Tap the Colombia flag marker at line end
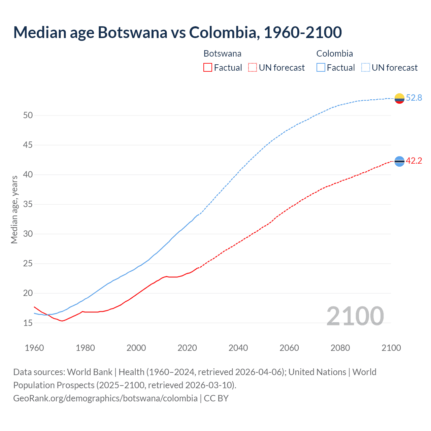click(x=399, y=98)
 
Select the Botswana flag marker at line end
click(x=399, y=162)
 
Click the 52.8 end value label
click(x=414, y=98)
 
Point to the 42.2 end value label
click(x=414, y=161)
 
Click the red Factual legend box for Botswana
click(x=208, y=68)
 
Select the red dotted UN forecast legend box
click(x=253, y=68)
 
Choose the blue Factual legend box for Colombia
click(x=321, y=68)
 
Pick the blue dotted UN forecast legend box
click(x=366, y=68)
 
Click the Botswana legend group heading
click(x=222, y=54)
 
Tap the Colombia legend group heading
click(x=334, y=54)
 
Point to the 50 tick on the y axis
click(x=28, y=115)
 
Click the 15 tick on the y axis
click(x=28, y=323)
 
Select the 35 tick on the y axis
click(x=28, y=204)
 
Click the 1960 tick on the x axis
click(x=34, y=348)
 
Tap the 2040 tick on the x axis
click(x=238, y=348)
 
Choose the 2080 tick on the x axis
click(x=340, y=348)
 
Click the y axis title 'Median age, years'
click(x=14, y=209)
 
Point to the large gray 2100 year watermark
click(x=355, y=316)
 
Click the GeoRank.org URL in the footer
click(x=105, y=398)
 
